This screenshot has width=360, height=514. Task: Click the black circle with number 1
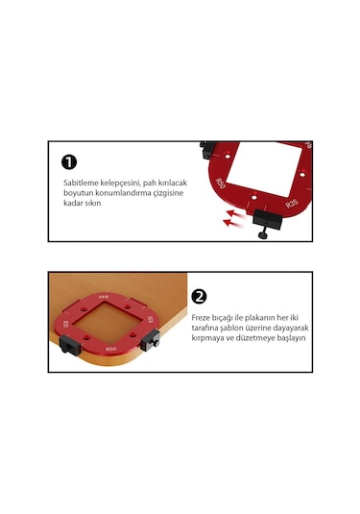(x=69, y=162)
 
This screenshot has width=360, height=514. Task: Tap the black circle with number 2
(x=199, y=296)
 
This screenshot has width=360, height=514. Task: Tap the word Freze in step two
(x=201, y=317)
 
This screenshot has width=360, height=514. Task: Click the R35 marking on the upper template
(x=292, y=204)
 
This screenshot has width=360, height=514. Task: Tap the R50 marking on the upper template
(x=221, y=184)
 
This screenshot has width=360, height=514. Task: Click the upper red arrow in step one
(x=236, y=214)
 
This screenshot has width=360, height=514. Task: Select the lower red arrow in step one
(x=233, y=224)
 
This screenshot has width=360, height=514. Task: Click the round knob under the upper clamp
(x=262, y=235)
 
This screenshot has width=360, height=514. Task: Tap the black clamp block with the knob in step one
(x=267, y=220)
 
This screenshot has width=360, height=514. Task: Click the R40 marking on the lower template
(x=105, y=297)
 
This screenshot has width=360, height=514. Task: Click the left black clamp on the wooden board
(x=70, y=344)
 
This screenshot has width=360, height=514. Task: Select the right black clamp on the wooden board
(x=150, y=340)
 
